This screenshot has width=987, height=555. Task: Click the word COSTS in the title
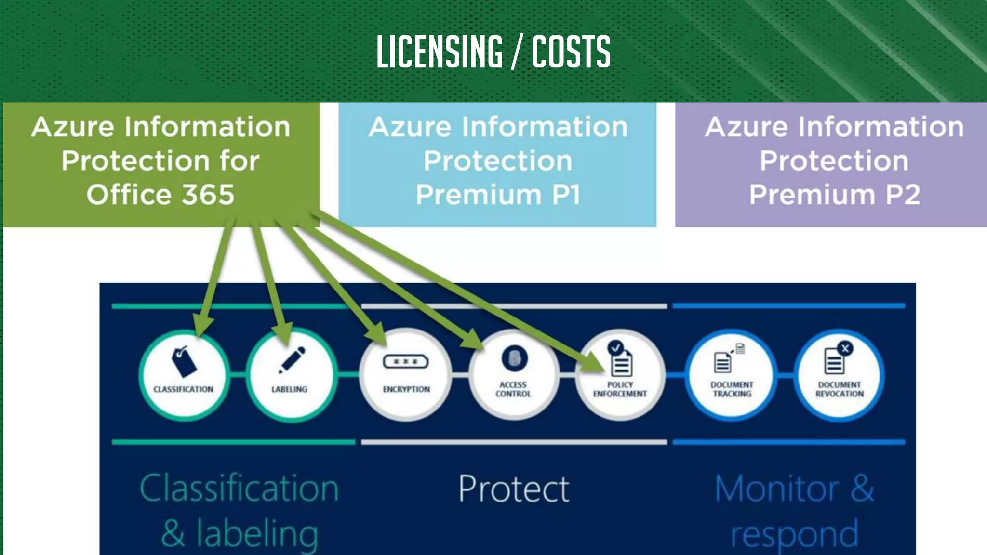[571, 52]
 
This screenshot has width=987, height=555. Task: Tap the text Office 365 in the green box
[160, 195]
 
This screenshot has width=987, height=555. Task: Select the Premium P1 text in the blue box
[498, 195]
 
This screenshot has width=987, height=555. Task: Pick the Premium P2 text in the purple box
[835, 195]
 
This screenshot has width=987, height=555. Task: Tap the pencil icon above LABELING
[292, 359]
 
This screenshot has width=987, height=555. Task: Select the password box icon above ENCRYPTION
[406, 361]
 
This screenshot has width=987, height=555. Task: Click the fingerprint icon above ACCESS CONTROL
[514, 358]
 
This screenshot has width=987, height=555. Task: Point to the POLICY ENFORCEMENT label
[620, 389]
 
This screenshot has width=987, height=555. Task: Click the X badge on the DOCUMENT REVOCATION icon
[845, 348]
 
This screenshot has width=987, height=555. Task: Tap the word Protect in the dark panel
[514, 489]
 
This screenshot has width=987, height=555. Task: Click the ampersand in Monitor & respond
[862, 489]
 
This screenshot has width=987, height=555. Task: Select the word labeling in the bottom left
[257, 534]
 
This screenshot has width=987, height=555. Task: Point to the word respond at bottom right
[794, 534]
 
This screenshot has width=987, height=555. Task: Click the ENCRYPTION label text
[406, 389]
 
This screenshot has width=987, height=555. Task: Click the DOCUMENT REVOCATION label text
[840, 389]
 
